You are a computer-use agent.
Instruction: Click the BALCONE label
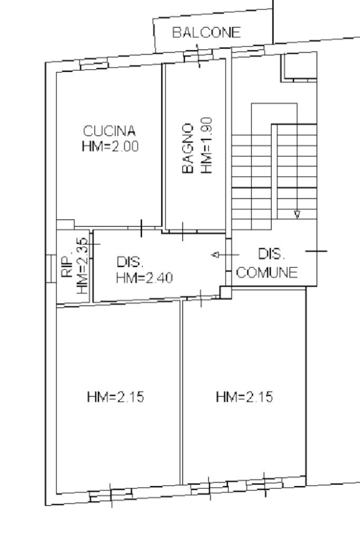click(x=206, y=32)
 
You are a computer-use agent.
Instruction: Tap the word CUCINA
click(x=110, y=131)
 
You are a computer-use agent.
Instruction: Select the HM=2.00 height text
click(x=110, y=147)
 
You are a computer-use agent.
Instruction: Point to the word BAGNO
click(x=188, y=148)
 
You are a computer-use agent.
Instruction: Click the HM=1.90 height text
click(x=206, y=146)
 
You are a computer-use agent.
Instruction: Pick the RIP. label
click(x=68, y=266)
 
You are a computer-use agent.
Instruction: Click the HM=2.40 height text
click(x=144, y=277)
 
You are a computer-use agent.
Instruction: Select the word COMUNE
click(x=267, y=273)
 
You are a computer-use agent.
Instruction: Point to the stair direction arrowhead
click(x=297, y=215)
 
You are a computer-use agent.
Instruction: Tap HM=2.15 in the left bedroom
click(x=115, y=397)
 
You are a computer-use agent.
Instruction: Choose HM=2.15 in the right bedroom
click(x=245, y=397)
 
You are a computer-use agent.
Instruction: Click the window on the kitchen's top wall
click(x=94, y=64)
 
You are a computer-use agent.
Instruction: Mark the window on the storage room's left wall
click(x=51, y=268)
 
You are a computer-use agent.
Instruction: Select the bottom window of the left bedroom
click(x=111, y=495)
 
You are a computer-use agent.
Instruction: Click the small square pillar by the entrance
click(x=226, y=292)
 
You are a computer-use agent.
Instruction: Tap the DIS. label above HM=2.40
click(x=130, y=262)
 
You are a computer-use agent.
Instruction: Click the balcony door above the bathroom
click(x=198, y=55)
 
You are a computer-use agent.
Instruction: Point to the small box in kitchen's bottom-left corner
click(x=65, y=225)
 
